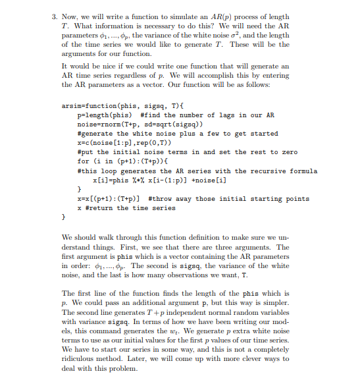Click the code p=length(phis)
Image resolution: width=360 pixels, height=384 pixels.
tap(106, 114)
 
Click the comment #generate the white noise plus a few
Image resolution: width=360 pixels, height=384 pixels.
tap(178, 133)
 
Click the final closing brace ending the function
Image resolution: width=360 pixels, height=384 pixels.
tap(64, 216)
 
